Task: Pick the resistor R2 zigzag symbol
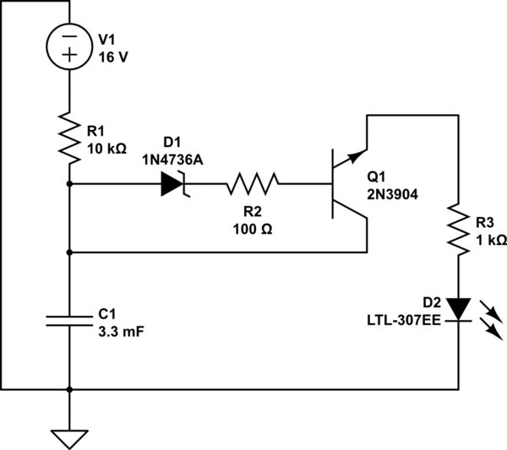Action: pos(251,183)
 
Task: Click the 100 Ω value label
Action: pos(251,228)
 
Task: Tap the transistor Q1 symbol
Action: pos(346,183)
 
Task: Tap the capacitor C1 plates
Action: pos(69,320)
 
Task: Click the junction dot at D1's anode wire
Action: pos(69,183)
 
